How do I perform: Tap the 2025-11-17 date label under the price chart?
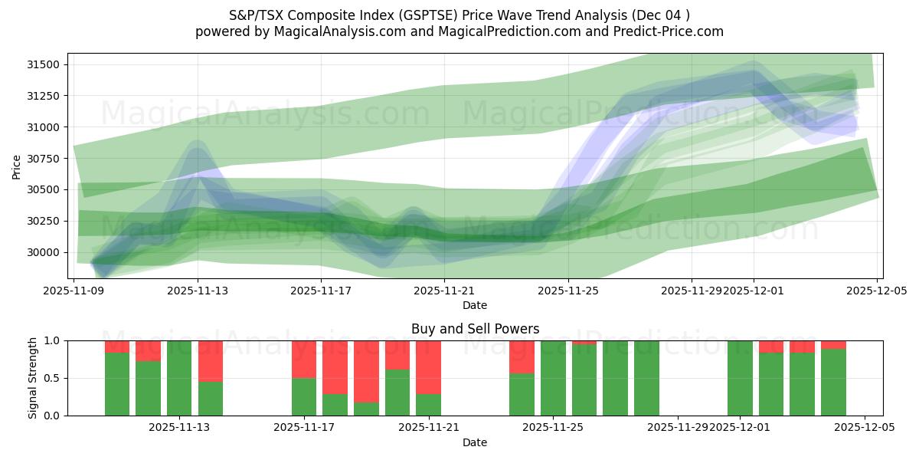(x=322, y=291)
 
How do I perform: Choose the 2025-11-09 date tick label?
(x=74, y=291)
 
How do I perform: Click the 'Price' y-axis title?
(x=17, y=166)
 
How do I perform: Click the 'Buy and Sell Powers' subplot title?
(x=475, y=329)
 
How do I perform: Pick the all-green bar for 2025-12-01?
(x=740, y=378)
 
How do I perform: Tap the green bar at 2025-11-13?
(x=179, y=378)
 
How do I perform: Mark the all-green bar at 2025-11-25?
(x=553, y=378)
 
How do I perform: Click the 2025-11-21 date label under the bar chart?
(x=429, y=427)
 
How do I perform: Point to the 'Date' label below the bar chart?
(x=475, y=442)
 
